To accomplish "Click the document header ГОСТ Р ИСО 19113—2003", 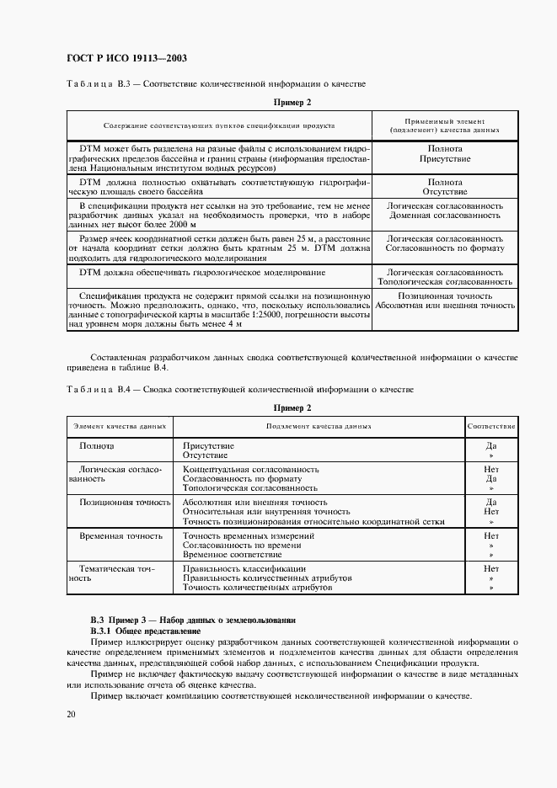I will [126, 58].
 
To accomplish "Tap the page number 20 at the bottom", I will [72, 714].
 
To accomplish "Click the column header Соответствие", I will [491, 426].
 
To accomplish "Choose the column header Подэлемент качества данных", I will [319, 426].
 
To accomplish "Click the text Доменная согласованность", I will [444, 216].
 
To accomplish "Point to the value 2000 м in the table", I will [178, 225].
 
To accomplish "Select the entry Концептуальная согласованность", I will [250, 468].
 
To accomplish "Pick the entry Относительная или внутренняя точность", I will [265, 511].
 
